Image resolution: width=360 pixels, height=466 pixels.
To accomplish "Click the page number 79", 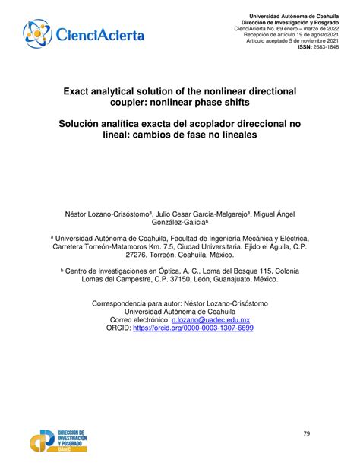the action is [x=306, y=433].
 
